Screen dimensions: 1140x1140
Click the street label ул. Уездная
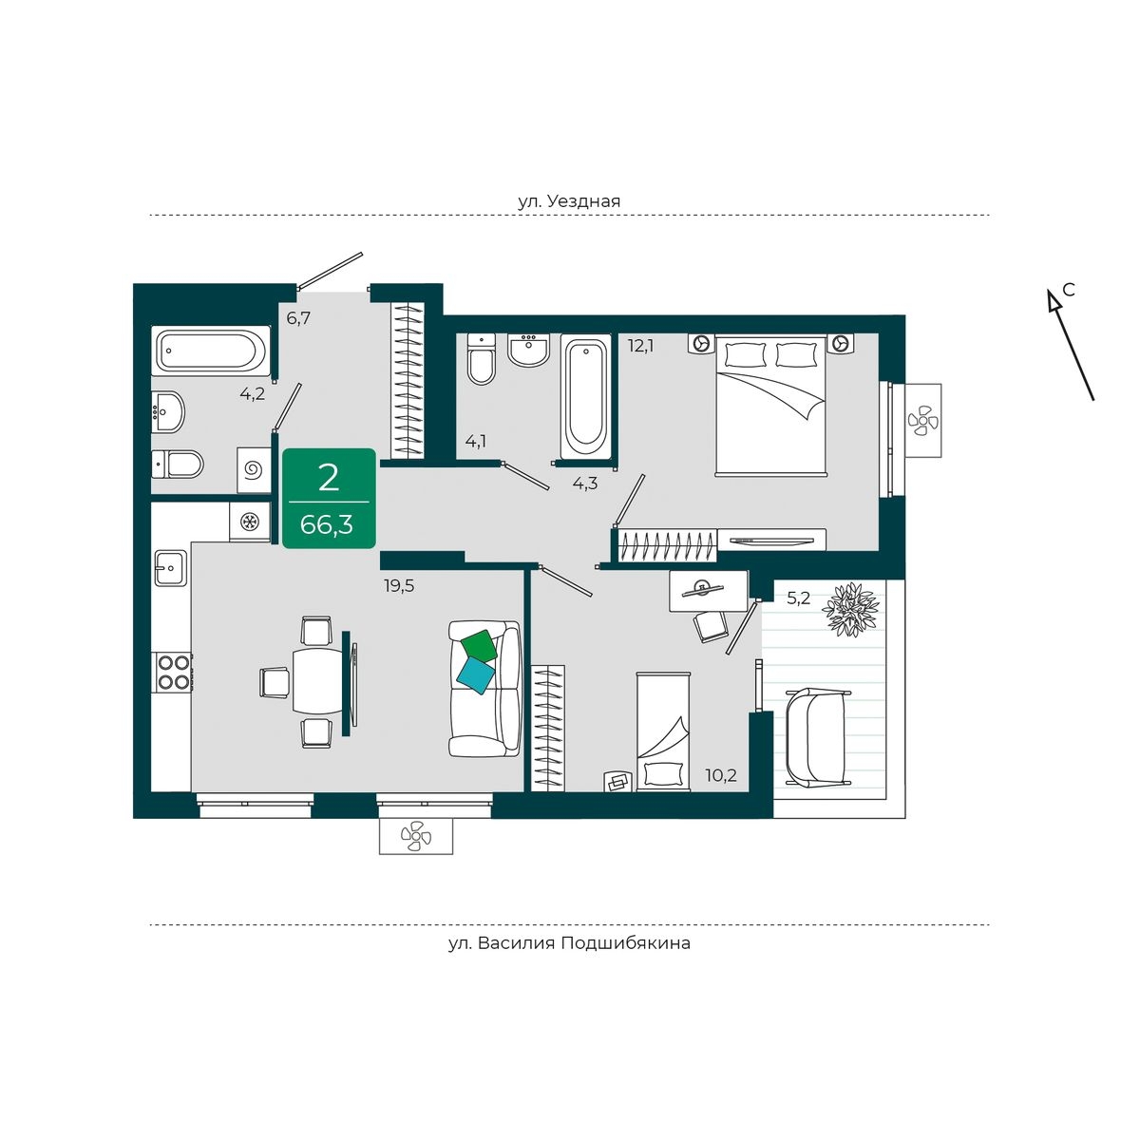click(x=568, y=201)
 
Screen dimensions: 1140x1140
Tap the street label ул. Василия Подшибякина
click(x=568, y=942)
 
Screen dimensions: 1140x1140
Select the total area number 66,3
click(x=327, y=524)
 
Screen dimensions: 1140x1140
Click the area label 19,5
click(x=399, y=586)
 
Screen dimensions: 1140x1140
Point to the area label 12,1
click(x=640, y=346)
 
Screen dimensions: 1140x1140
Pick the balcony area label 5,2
click(x=798, y=598)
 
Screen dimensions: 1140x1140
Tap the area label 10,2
click(x=721, y=774)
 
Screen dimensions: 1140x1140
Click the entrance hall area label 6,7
click(x=298, y=318)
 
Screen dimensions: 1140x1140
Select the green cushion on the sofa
click(x=479, y=646)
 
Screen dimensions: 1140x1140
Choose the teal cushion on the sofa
click(x=476, y=675)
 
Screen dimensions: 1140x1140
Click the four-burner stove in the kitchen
click(x=173, y=672)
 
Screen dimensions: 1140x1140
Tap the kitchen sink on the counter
click(x=171, y=567)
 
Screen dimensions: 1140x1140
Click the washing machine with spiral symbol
click(x=254, y=470)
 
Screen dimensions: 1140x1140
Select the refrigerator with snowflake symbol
click(x=250, y=522)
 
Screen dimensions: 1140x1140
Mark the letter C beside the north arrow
click(x=1068, y=290)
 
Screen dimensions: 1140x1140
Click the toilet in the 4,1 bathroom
click(x=482, y=359)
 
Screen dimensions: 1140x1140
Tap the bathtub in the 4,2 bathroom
click(x=211, y=351)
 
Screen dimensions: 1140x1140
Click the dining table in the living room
click(x=317, y=681)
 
